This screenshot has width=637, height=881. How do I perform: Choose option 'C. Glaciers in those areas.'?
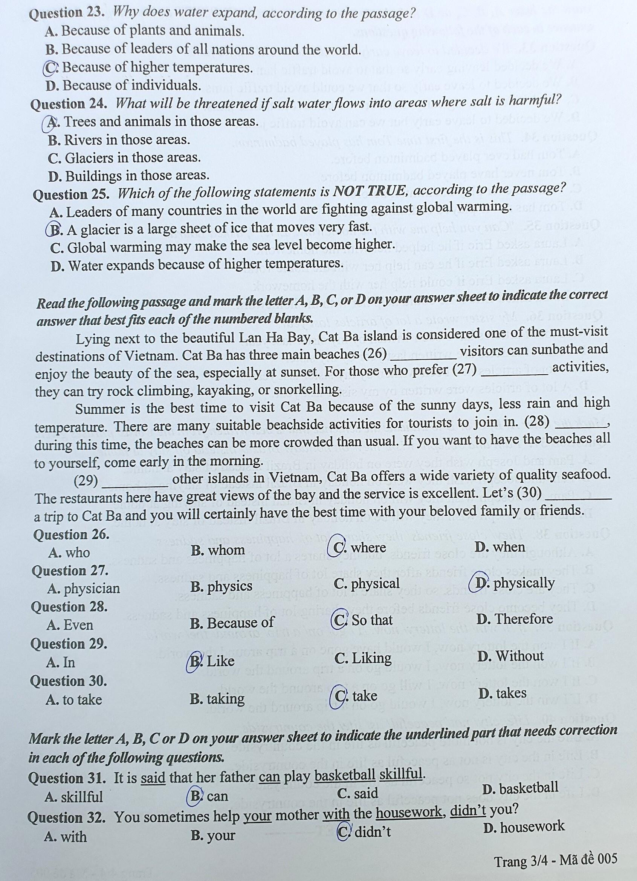(124, 158)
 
